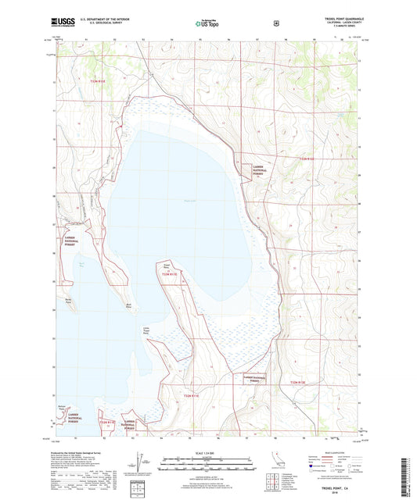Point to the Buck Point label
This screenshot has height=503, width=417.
[x=127, y=306]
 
